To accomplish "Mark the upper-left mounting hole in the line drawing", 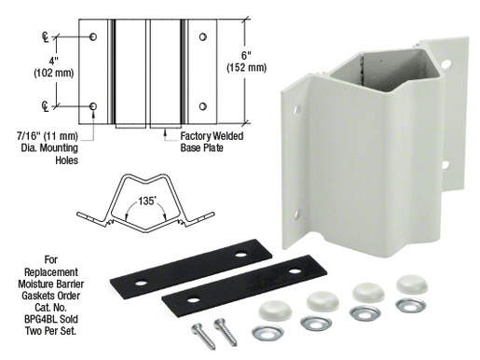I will tap(94, 36).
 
